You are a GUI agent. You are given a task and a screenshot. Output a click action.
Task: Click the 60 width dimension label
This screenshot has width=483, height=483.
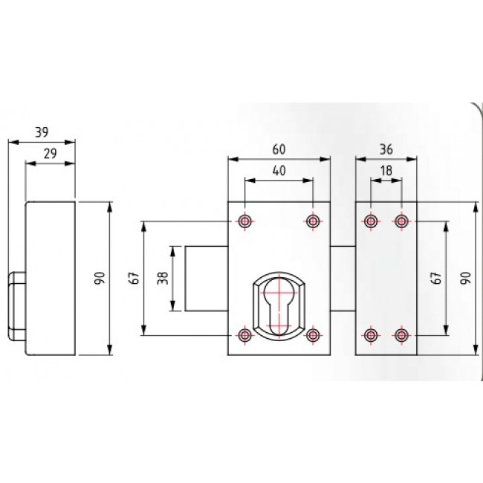pyautogui.click(x=279, y=149)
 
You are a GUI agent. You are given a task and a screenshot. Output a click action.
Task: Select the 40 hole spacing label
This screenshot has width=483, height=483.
pyautogui.click(x=279, y=170)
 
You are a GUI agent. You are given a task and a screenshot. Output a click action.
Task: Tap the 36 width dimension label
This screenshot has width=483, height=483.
pyautogui.click(x=386, y=149)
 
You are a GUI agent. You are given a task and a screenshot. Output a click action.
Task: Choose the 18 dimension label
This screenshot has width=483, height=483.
pyautogui.click(x=386, y=170)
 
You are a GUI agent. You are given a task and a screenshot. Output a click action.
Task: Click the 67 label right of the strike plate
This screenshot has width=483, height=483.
pyautogui.click(x=437, y=278)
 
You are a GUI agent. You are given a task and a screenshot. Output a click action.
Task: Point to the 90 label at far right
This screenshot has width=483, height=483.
pyautogui.click(x=465, y=278)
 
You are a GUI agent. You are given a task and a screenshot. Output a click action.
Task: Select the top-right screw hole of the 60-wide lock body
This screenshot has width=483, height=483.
pyautogui.click(x=313, y=221)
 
